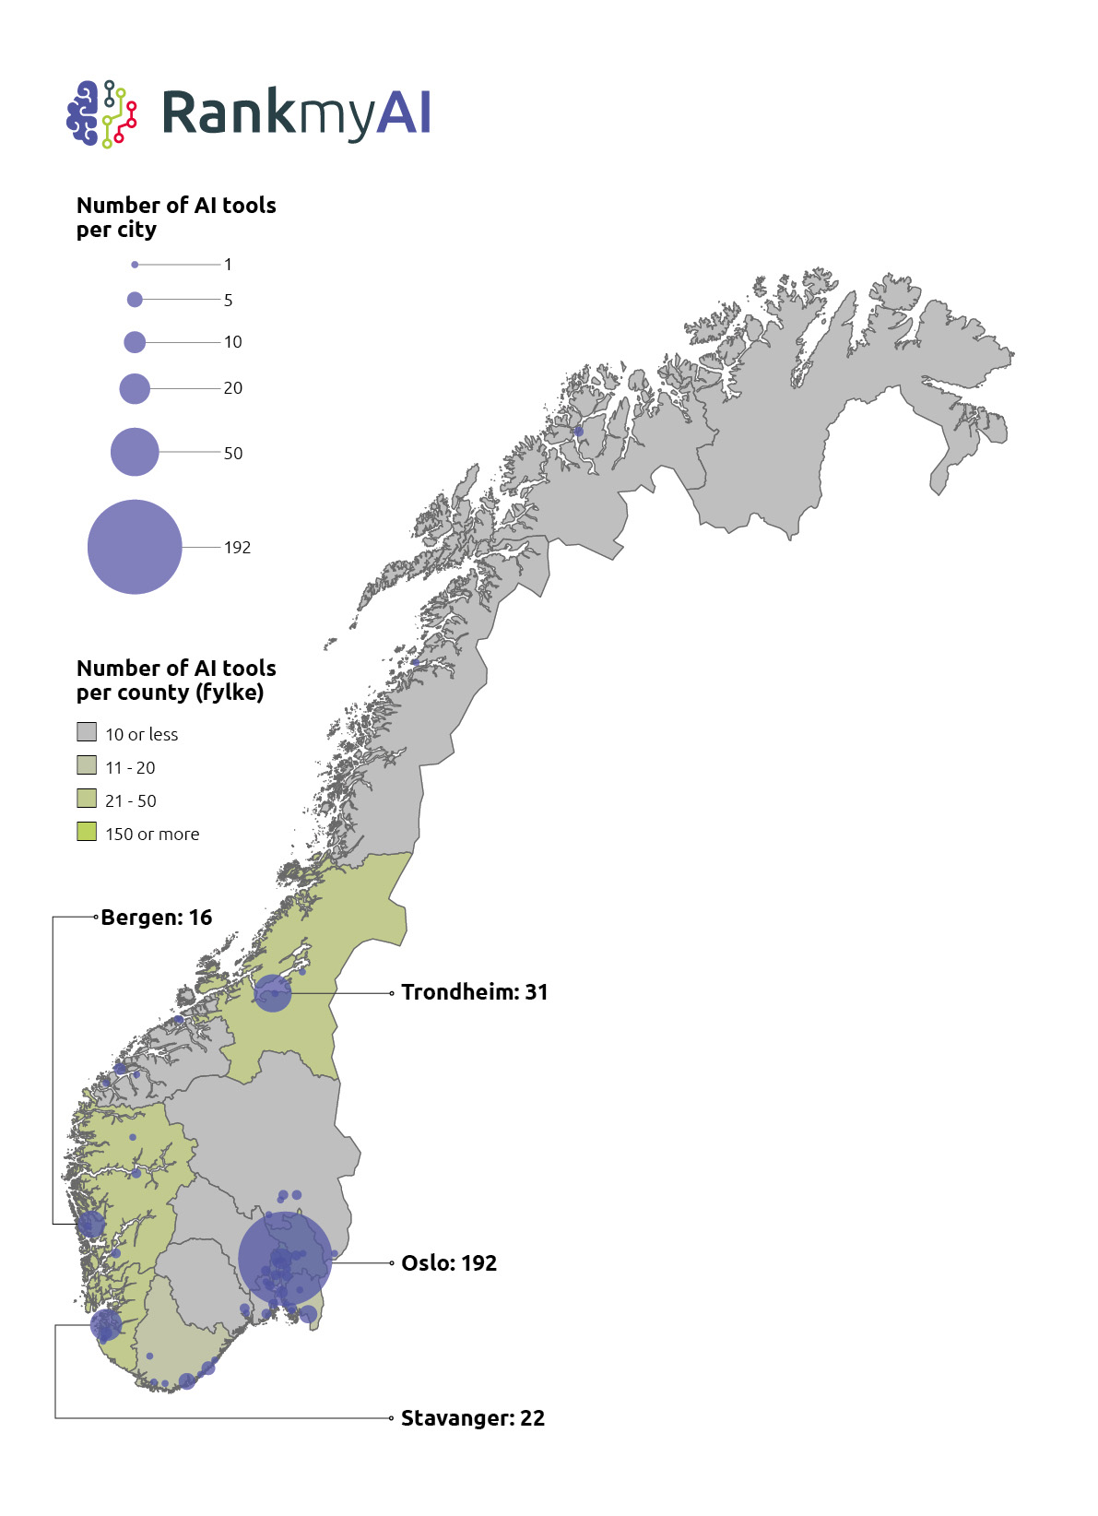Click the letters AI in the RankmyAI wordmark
point(404,113)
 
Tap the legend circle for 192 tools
point(135,547)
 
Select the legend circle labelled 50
point(135,452)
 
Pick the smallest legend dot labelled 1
point(135,265)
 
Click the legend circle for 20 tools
point(135,388)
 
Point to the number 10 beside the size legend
point(232,342)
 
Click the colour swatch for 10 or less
point(87,732)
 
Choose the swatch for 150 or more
point(87,832)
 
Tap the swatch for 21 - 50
point(87,799)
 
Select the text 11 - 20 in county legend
point(130,767)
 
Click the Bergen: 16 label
point(157,918)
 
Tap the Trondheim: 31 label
point(474,992)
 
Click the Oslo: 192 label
point(449,1263)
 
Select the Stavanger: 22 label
point(472,1418)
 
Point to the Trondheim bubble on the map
point(273,993)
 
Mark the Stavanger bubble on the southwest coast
point(106,1325)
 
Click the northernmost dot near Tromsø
point(579,432)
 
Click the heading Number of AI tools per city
point(176,217)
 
